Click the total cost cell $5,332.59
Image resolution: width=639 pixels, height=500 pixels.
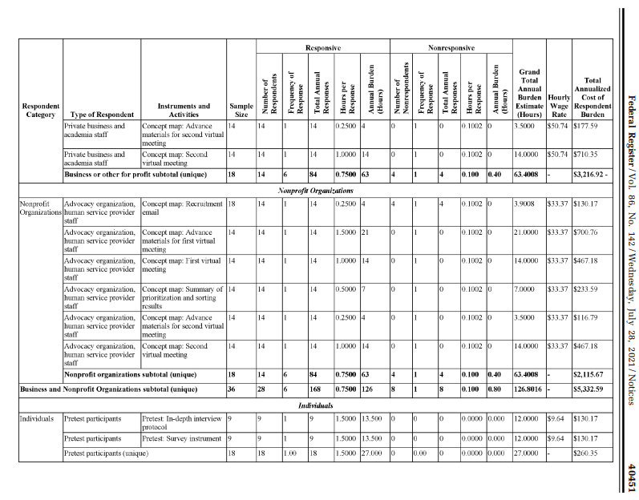pyautogui.click(x=590, y=389)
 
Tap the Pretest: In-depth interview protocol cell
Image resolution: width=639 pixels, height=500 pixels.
pyautogui.click(x=182, y=422)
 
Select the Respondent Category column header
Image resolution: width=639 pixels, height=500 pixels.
pyautogui.click(x=39, y=110)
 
